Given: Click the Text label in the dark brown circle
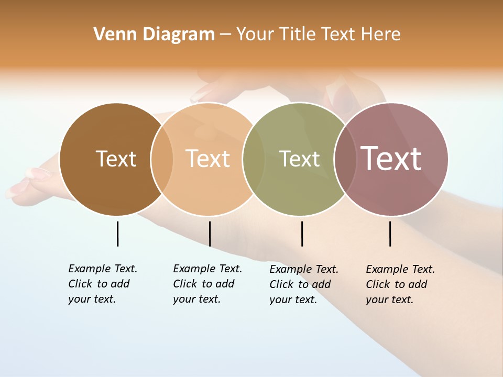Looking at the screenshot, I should point(116,159).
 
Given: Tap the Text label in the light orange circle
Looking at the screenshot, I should point(208,159).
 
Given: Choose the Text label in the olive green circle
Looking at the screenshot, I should point(299,159).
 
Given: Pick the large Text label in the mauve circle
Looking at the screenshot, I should point(391,159).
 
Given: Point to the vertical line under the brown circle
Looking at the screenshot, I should point(117,234).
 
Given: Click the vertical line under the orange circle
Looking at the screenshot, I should point(210,234).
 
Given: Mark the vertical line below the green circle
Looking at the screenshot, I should point(302,234).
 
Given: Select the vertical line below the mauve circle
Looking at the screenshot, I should point(390,234).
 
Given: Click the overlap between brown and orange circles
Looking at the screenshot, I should point(162,159).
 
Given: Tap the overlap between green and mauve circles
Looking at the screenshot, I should point(344,159).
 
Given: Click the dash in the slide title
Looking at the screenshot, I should point(225,35).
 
